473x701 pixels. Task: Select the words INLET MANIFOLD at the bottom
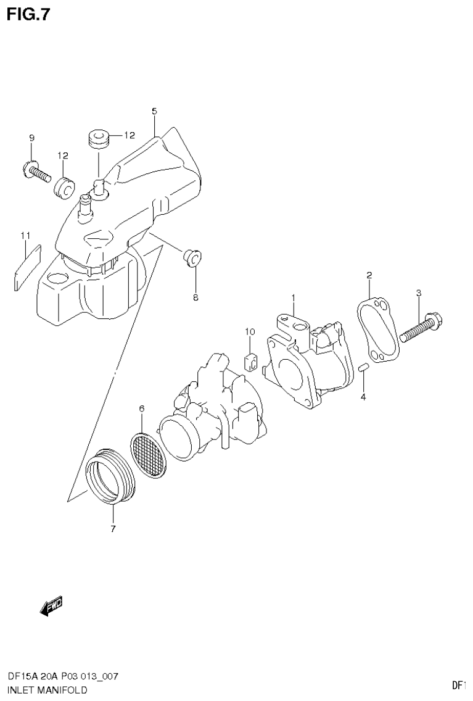click(x=47, y=689)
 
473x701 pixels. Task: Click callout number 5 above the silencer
click(x=154, y=111)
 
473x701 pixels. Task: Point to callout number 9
click(x=31, y=138)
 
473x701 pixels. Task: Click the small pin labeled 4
click(x=363, y=369)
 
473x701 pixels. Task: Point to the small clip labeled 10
click(x=250, y=362)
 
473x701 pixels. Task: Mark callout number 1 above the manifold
click(x=294, y=298)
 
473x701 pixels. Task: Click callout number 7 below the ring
click(x=113, y=528)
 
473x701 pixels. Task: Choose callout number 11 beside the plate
click(x=25, y=235)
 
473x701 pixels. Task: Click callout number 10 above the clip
click(x=249, y=332)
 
